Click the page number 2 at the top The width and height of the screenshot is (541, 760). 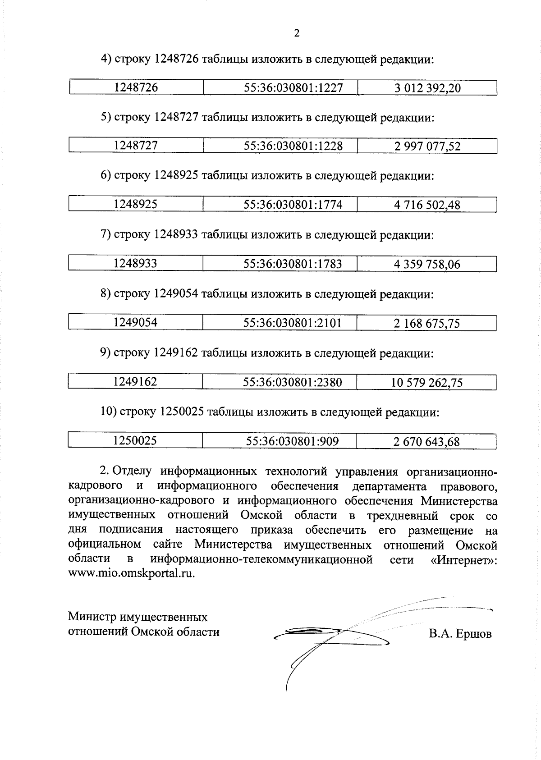(296, 33)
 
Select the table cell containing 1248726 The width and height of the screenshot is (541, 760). (136, 87)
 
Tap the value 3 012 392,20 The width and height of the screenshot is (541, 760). (427, 88)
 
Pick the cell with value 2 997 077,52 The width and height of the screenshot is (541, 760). (427, 146)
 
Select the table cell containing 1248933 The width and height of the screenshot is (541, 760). (135, 263)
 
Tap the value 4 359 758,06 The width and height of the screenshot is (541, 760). (427, 264)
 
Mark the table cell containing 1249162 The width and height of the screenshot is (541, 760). (135, 382)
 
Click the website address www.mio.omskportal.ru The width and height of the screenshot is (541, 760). (132, 574)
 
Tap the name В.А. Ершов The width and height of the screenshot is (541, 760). (460, 634)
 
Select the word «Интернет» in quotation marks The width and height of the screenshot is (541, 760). (462, 559)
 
